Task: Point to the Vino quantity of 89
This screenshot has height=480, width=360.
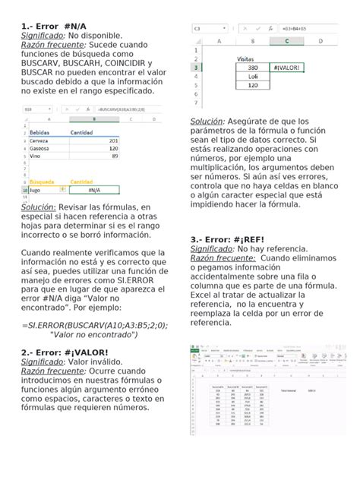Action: (x=114, y=156)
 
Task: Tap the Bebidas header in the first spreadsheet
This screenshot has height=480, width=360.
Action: (x=41, y=132)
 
